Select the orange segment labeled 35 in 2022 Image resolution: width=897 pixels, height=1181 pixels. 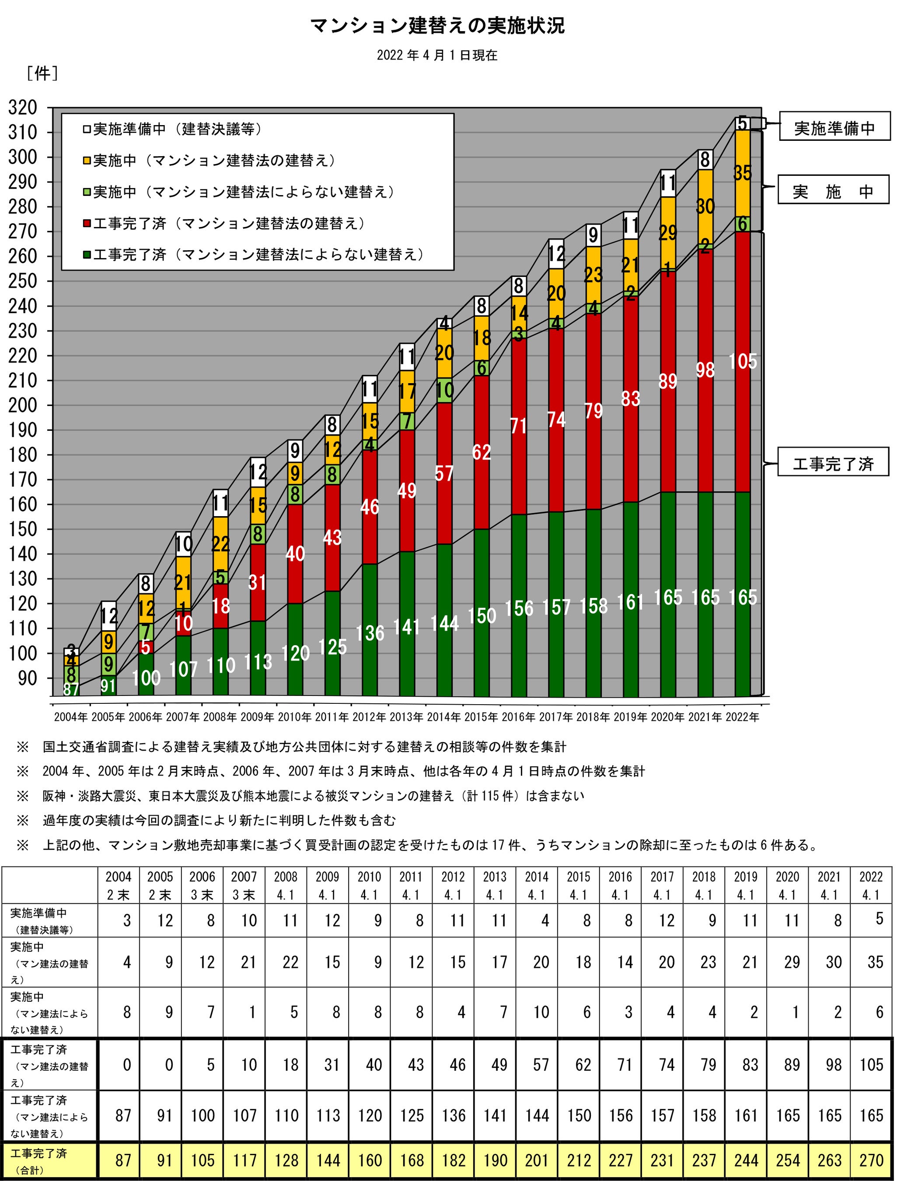[743, 173]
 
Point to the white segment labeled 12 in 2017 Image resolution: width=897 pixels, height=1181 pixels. [556, 254]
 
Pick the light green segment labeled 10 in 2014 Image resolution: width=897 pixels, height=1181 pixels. [444, 390]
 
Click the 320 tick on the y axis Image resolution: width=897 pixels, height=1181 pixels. [23, 108]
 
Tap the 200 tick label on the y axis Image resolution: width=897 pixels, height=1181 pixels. [23, 405]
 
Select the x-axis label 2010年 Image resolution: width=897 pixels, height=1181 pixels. [295, 717]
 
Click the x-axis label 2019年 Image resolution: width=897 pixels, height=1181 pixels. [631, 717]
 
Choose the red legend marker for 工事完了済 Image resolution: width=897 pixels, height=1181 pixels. [87, 224]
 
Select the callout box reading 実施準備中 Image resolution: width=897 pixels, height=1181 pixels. [834, 127]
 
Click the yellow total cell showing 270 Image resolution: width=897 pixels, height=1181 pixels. [871, 1160]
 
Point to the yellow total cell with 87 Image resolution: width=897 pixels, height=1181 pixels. [123, 1160]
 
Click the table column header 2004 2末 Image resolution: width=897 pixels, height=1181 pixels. [119, 885]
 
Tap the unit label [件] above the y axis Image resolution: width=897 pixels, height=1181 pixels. [42, 73]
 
